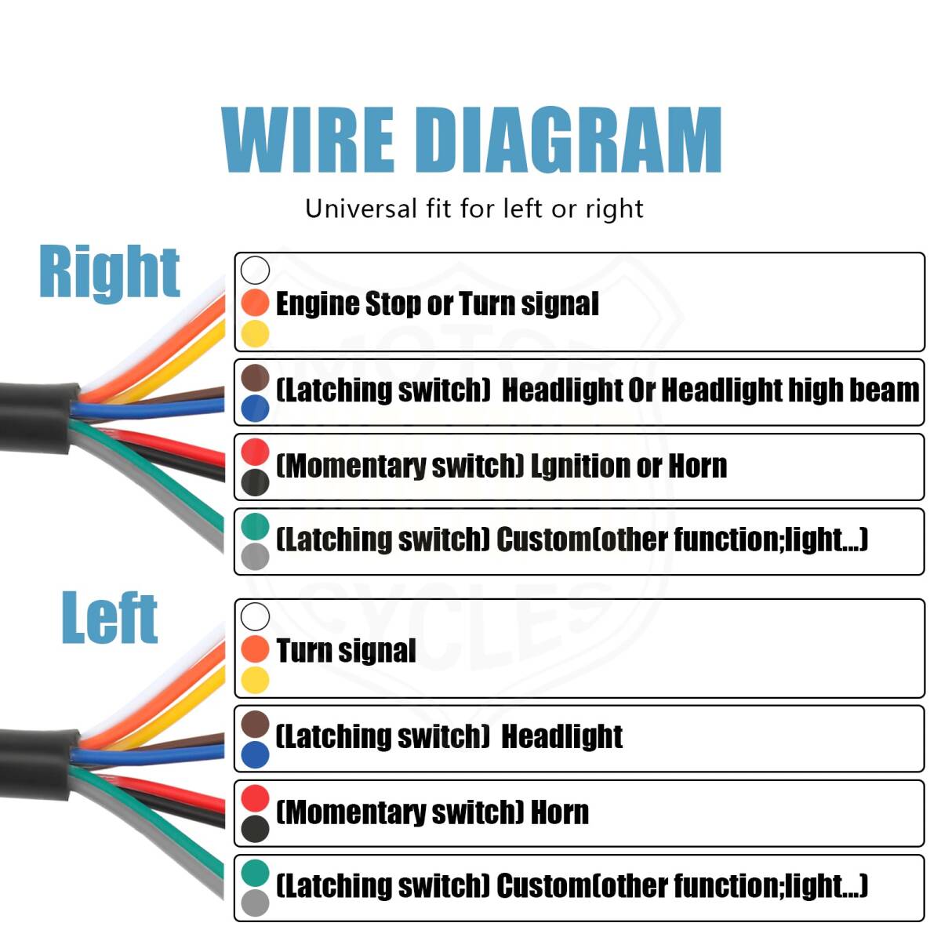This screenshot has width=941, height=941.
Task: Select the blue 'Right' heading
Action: (x=109, y=272)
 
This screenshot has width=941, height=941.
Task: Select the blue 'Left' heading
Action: (x=110, y=619)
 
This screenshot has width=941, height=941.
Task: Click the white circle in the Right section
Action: (x=255, y=270)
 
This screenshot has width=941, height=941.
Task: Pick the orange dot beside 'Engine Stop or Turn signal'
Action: (x=255, y=303)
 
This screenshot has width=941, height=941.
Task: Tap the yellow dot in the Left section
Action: (x=255, y=680)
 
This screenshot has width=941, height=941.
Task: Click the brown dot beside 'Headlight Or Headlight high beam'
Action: (x=255, y=377)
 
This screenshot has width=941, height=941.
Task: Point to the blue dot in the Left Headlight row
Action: (x=255, y=754)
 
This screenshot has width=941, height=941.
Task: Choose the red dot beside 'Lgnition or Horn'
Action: (x=255, y=452)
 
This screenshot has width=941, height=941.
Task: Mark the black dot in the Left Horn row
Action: (x=255, y=828)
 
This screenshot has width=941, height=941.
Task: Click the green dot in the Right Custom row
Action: (x=255, y=526)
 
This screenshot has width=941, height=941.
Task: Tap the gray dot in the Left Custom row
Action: (x=255, y=903)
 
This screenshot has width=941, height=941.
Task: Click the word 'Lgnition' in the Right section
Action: (x=579, y=467)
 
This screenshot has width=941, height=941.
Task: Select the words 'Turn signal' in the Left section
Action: (x=346, y=651)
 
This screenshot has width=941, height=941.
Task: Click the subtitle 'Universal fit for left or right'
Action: (x=474, y=209)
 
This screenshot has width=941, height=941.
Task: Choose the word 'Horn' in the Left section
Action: (x=559, y=812)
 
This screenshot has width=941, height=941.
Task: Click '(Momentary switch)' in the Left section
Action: (x=400, y=812)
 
